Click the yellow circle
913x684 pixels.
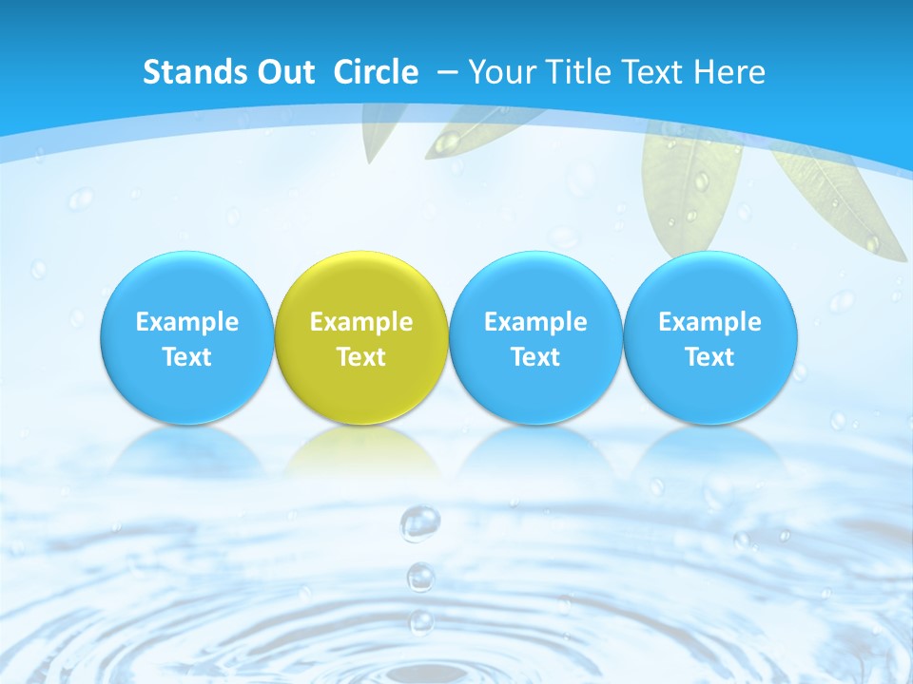[x=361, y=338]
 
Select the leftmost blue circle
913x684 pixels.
[x=186, y=338]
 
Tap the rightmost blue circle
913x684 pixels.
[x=710, y=338]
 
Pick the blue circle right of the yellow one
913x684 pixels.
[x=535, y=338]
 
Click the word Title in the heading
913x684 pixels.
[x=586, y=72]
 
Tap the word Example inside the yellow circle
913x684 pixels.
[x=361, y=322]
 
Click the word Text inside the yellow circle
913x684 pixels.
[x=361, y=357]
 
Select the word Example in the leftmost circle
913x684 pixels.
[x=186, y=322]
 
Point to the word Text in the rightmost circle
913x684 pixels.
[x=710, y=357]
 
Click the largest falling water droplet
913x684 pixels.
[x=419, y=522]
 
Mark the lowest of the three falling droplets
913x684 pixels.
[x=420, y=622]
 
